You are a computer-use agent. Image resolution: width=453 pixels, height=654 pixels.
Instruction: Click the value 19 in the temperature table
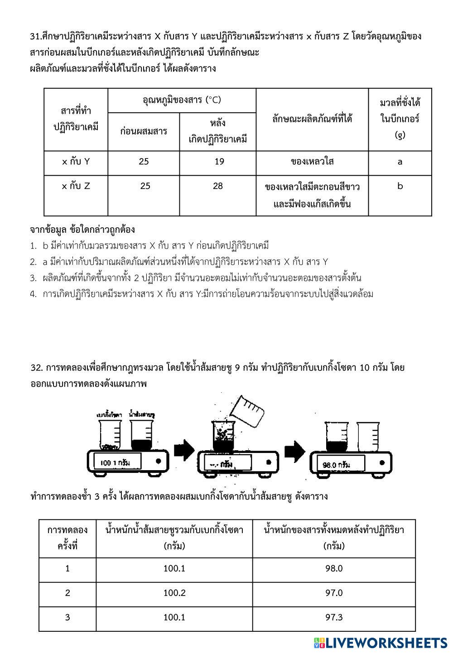coord(219,162)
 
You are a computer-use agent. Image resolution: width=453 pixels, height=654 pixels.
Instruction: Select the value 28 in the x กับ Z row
coord(218,186)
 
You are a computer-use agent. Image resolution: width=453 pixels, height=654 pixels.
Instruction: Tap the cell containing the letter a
coord(400,162)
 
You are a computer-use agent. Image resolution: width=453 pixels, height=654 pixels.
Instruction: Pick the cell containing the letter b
coord(400,186)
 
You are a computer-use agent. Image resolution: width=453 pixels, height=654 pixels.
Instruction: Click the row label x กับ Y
coord(76,162)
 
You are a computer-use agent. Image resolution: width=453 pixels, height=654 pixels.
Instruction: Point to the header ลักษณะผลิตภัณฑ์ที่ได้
coord(312,119)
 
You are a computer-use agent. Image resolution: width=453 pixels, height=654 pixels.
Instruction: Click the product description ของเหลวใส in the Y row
coord(312,162)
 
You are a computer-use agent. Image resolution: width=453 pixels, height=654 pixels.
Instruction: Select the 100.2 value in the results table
coord(174,593)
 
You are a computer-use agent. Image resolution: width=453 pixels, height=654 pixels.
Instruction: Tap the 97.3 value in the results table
coord(334,617)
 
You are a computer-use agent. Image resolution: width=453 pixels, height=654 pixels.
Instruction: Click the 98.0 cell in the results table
coord(334,568)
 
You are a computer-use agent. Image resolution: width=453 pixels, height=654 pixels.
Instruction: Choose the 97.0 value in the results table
coord(334,593)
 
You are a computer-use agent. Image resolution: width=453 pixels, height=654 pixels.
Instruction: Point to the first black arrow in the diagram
coord(184,450)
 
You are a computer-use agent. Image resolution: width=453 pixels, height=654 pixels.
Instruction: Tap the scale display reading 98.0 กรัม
coord(337,465)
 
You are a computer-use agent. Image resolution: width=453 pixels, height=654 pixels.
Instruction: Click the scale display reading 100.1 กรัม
coord(117,462)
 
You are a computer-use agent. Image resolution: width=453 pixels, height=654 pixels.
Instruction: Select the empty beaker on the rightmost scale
coord(368,436)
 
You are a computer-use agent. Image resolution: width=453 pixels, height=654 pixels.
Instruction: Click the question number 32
coord(36,368)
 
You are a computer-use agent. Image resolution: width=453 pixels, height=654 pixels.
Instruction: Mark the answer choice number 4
coord(33,294)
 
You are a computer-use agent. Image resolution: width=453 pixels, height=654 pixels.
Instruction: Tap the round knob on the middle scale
coord(269,462)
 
